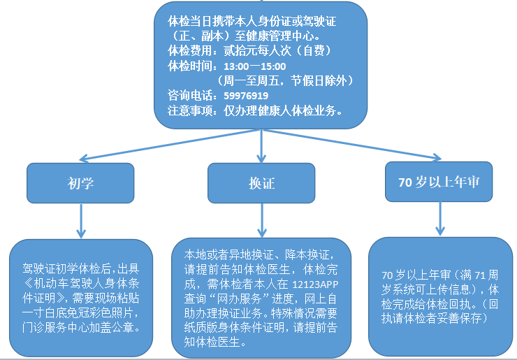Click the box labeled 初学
[x=81, y=183]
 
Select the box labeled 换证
[x=262, y=183]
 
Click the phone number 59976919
[x=246, y=95]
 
